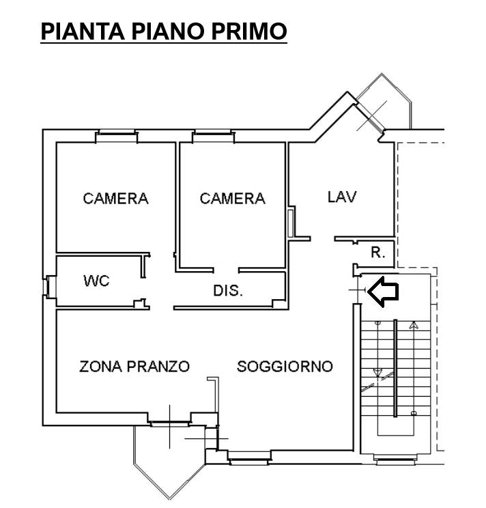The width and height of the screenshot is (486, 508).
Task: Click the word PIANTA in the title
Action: pos(83,31)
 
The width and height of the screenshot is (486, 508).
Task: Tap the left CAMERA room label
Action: pos(115,198)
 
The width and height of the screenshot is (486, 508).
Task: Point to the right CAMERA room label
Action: pos(233,198)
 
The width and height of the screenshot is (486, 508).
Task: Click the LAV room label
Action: pos(342,197)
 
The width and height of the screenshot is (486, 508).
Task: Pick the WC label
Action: pos(96,281)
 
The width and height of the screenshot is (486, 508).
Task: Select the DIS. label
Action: pos(228,290)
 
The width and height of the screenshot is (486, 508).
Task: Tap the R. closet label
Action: pos(378,253)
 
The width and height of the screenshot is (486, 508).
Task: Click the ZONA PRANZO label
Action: pos(134,366)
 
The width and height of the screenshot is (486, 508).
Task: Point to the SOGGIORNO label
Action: pos(285,366)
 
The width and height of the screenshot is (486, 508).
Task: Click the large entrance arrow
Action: pos(384,292)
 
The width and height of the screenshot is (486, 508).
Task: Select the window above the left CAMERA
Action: pos(117,132)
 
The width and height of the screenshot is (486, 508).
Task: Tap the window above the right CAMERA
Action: pos(213,132)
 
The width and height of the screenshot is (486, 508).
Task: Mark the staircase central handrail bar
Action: pos(395,368)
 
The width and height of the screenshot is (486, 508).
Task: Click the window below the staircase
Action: pos(395,458)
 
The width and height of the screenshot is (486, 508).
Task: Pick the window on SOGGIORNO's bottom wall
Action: pos(248,457)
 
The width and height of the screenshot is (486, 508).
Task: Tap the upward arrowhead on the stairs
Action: pos(413,325)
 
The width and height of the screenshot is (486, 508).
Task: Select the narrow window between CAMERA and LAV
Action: pos(291,223)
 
